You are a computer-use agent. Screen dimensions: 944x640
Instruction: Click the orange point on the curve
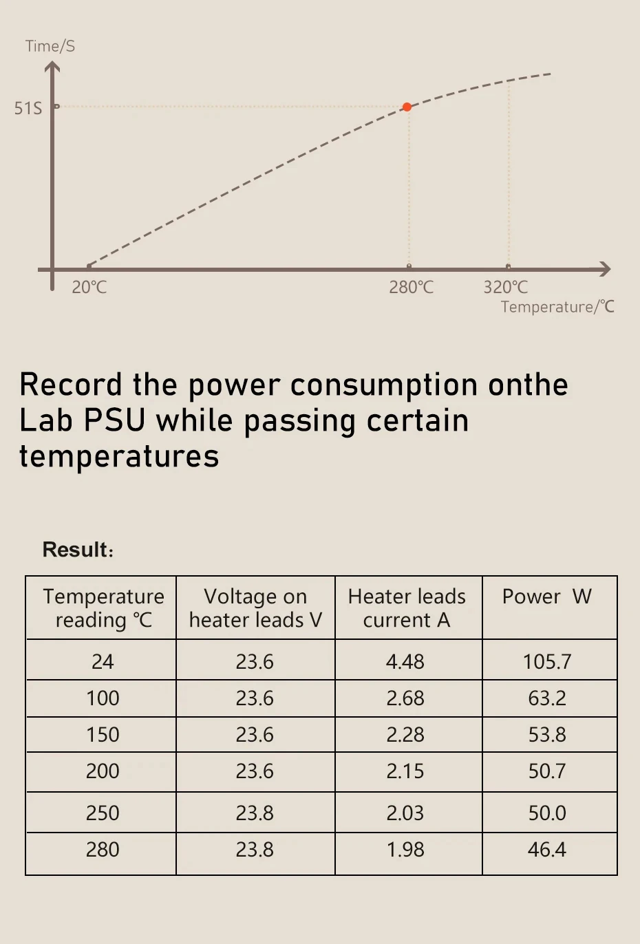[407, 107]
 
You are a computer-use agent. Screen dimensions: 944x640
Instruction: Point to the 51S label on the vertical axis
[28, 108]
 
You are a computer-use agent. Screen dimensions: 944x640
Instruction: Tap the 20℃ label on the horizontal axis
[89, 287]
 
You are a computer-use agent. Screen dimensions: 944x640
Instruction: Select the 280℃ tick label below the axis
[412, 287]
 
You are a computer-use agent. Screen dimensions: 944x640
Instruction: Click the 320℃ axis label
[506, 287]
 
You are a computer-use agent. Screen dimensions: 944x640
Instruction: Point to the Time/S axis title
[50, 46]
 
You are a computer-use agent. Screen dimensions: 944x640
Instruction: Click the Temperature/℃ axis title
[557, 307]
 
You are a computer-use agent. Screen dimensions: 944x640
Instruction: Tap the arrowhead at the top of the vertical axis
[52, 67]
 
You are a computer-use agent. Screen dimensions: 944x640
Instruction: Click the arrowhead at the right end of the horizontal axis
[604, 269]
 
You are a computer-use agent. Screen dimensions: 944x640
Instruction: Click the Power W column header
[547, 597]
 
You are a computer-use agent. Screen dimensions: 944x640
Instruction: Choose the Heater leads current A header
[407, 608]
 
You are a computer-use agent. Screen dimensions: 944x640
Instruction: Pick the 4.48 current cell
[405, 662]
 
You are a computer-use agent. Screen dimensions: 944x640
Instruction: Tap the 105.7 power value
[547, 662]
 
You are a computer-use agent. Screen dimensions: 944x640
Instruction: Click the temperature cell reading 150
[103, 735]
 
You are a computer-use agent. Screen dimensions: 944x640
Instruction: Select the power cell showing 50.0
[547, 813]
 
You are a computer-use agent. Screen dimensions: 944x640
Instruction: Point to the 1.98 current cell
[405, 850]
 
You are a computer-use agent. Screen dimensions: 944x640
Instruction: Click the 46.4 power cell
[547, 850]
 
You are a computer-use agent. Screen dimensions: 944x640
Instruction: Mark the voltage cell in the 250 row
[255, 813]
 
